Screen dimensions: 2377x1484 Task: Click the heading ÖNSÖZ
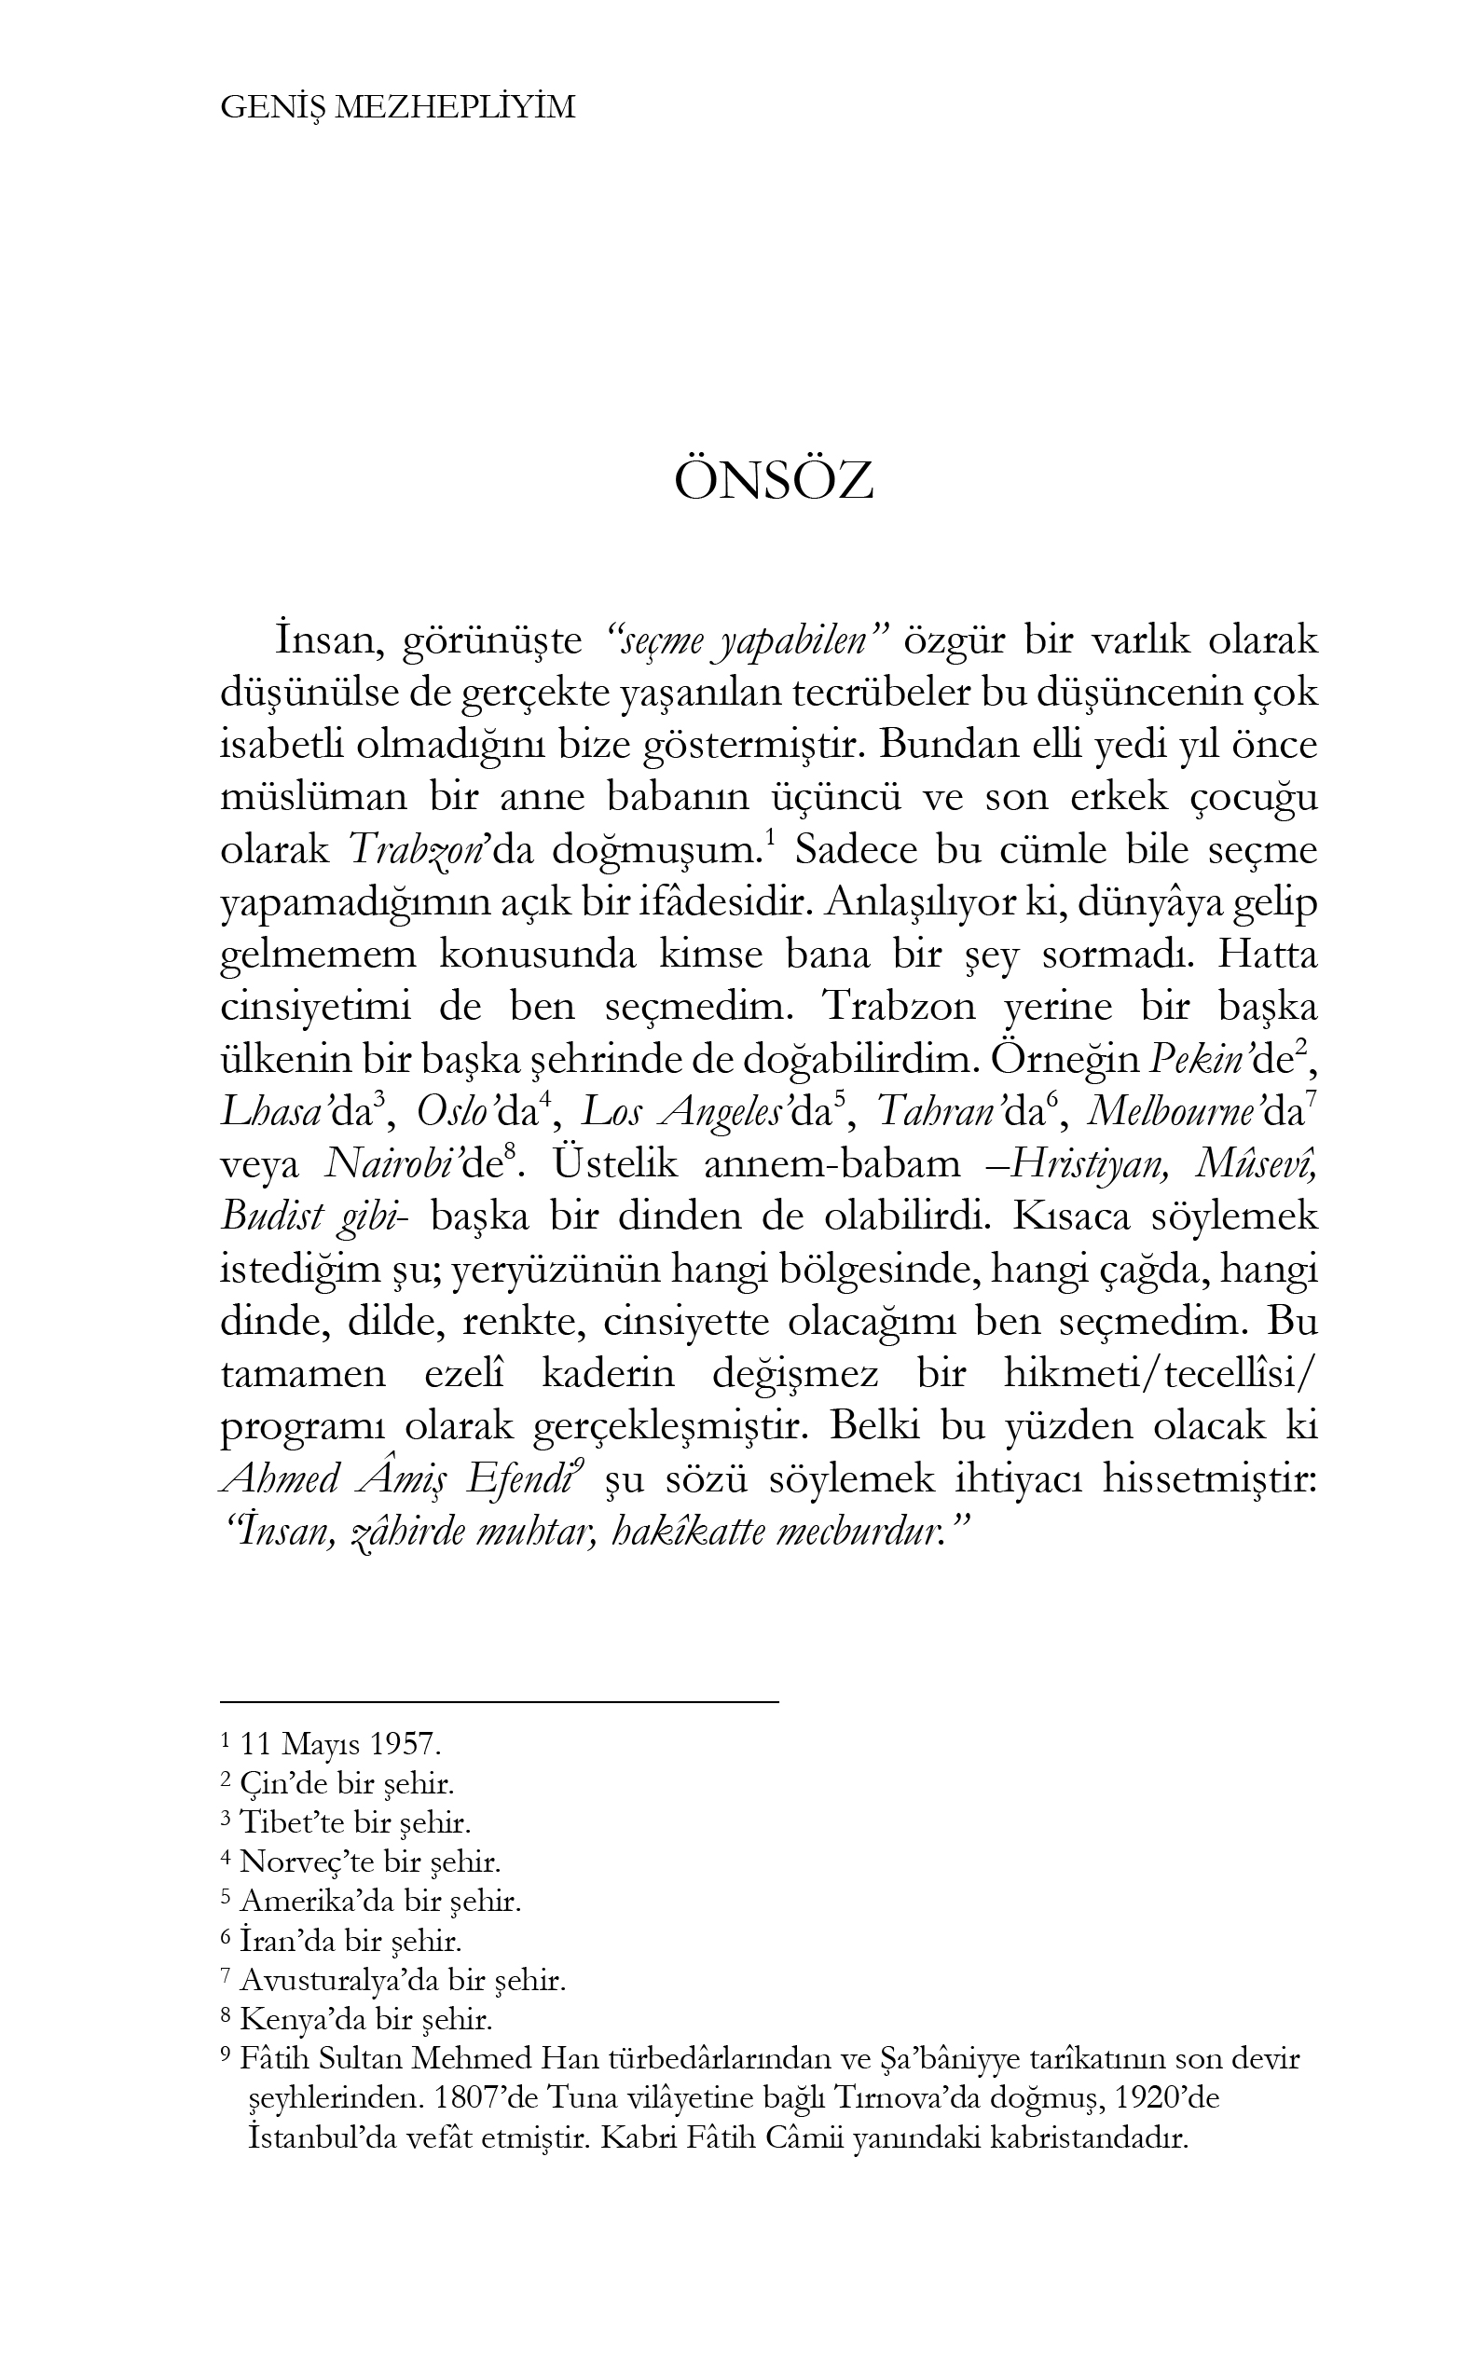tap(774, 482)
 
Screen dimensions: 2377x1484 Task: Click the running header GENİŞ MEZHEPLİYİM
tap(397, 107)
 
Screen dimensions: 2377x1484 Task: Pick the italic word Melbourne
tap(1175, 1112)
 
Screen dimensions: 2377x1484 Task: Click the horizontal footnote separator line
tap(499, 1702)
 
